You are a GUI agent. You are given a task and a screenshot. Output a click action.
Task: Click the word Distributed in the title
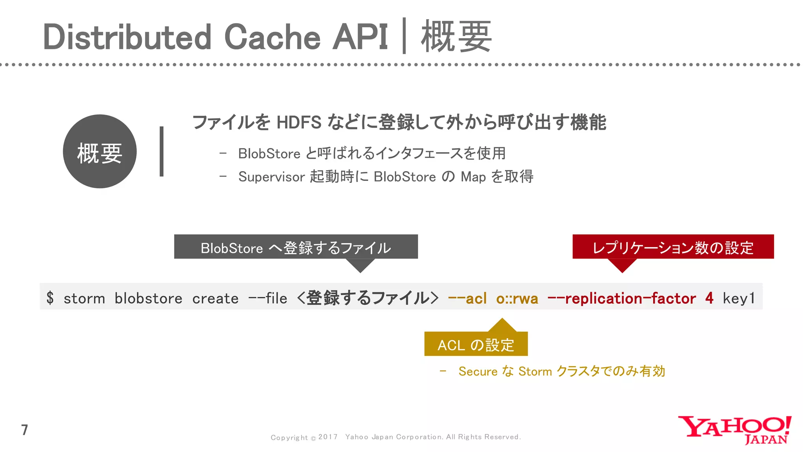point(127,37)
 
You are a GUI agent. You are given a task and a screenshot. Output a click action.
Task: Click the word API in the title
point(360,37)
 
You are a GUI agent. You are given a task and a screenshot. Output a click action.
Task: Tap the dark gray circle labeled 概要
point(100,151)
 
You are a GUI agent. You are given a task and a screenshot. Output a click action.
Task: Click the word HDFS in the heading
point(299,122)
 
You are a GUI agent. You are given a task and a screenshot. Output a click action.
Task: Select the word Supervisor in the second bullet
point(271,177)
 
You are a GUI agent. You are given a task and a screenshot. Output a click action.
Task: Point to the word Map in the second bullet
point(473,177)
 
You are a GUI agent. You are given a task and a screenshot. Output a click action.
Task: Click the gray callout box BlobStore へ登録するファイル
point(296,247)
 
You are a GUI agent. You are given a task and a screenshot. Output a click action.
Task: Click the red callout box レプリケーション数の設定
point(673,247)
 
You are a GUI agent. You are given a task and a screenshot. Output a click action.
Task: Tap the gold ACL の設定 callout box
point(476,345)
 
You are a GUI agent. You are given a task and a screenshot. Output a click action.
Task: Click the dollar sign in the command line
point(50,298)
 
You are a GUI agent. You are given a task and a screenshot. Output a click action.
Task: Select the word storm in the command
point(84,299)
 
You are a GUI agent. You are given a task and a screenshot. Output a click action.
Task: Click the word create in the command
point(215,299)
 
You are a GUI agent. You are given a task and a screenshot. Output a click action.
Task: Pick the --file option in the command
point(268,299)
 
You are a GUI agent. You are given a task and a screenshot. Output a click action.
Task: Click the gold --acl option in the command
point(467,299)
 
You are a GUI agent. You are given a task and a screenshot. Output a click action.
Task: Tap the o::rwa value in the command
point(517,299)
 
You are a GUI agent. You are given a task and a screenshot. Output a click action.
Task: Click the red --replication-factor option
point(621,299)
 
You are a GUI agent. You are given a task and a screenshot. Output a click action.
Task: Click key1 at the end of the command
point(739,299)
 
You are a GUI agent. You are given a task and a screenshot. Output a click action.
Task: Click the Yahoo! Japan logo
point(734,430)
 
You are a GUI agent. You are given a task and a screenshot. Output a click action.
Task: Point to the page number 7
point(25,430)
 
